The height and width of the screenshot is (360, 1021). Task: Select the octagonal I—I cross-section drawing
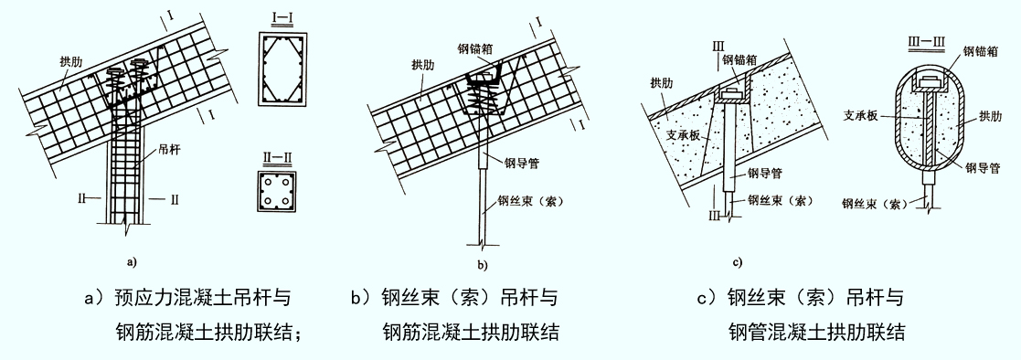click(x=283, y=68)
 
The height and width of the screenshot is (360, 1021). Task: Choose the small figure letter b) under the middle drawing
click(x=483, y=266)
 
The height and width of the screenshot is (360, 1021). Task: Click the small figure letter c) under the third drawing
click(x=738, y=262)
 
